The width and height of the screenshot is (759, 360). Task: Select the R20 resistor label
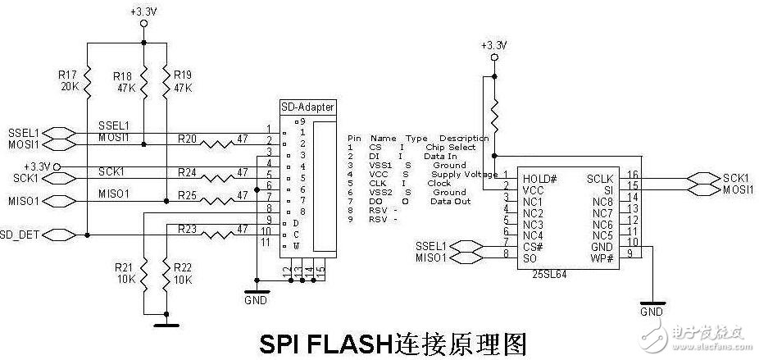(188, 139)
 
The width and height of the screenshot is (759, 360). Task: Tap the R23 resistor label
(188, 229)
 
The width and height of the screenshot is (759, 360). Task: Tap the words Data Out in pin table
(450, 201)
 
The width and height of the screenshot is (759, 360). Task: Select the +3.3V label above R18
(143, 11)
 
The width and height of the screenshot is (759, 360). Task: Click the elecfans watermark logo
(705, 333)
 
